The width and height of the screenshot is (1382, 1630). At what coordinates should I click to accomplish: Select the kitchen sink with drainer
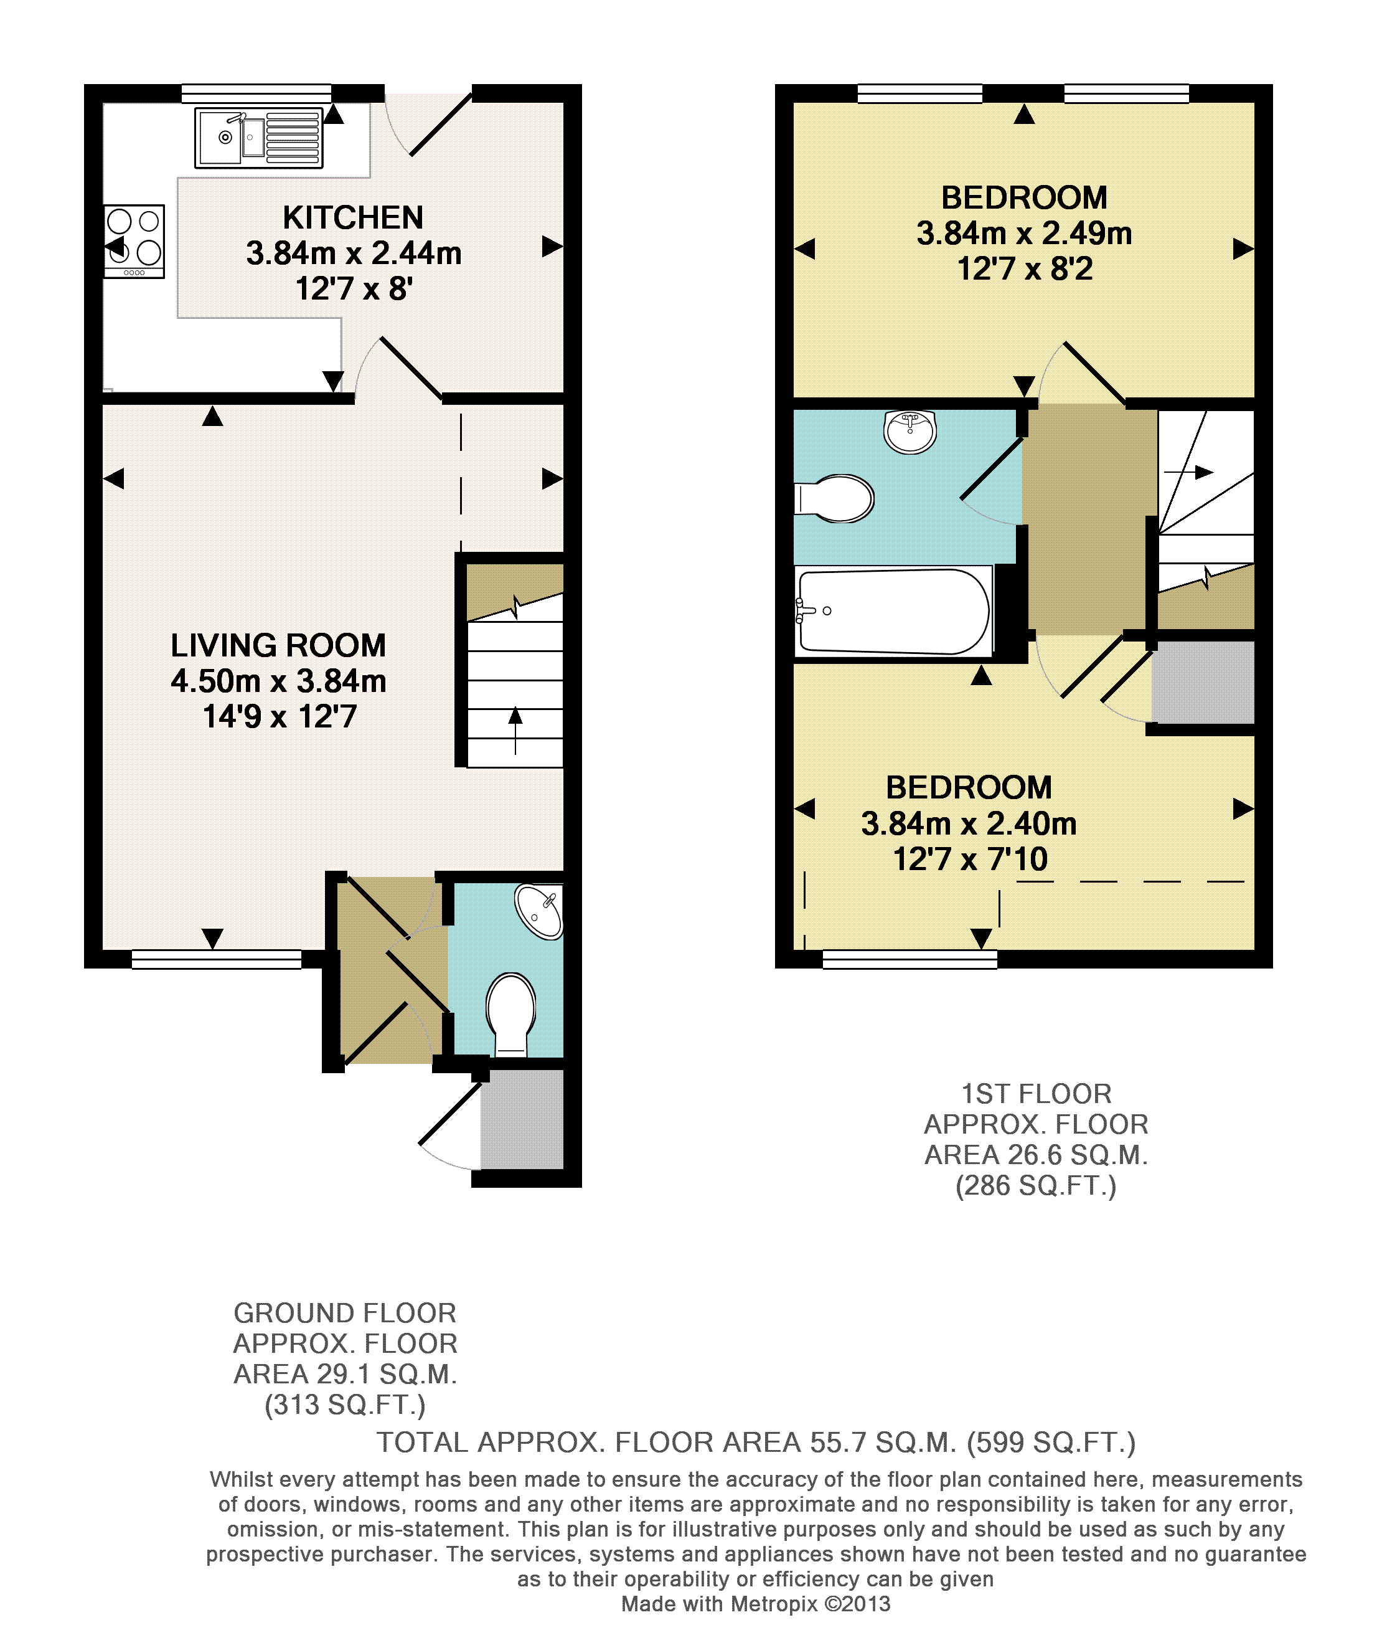[x=258, y=138]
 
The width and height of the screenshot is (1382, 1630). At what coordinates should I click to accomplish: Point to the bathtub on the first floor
[x=894, y=611]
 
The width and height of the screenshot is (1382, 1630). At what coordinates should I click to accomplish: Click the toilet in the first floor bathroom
[x=834, y=498]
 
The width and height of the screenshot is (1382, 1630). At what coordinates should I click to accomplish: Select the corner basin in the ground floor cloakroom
[x=540, y=911]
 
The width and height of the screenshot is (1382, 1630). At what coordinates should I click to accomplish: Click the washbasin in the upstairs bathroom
[x=910, y=431]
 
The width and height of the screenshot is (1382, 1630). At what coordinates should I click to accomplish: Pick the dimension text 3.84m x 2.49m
[x=1024, y=234]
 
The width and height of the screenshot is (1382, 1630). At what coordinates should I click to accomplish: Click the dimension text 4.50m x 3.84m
[x=278, y=681]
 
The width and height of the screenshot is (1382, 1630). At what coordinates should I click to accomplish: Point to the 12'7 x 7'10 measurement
[x=970, y=859]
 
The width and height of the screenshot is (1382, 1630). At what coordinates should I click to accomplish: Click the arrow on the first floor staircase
[x=1188, y=471]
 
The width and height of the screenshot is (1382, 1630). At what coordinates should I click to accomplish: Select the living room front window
[x=216, y=959]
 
